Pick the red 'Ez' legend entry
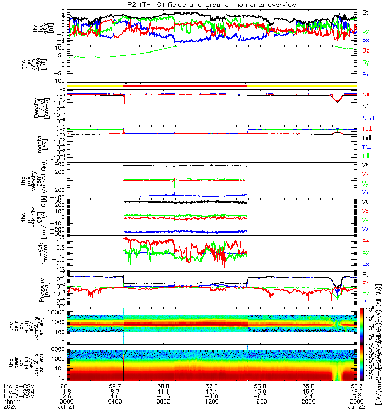coord(366,240)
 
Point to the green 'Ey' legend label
coord(366,252)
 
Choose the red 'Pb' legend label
coord(366,283)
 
